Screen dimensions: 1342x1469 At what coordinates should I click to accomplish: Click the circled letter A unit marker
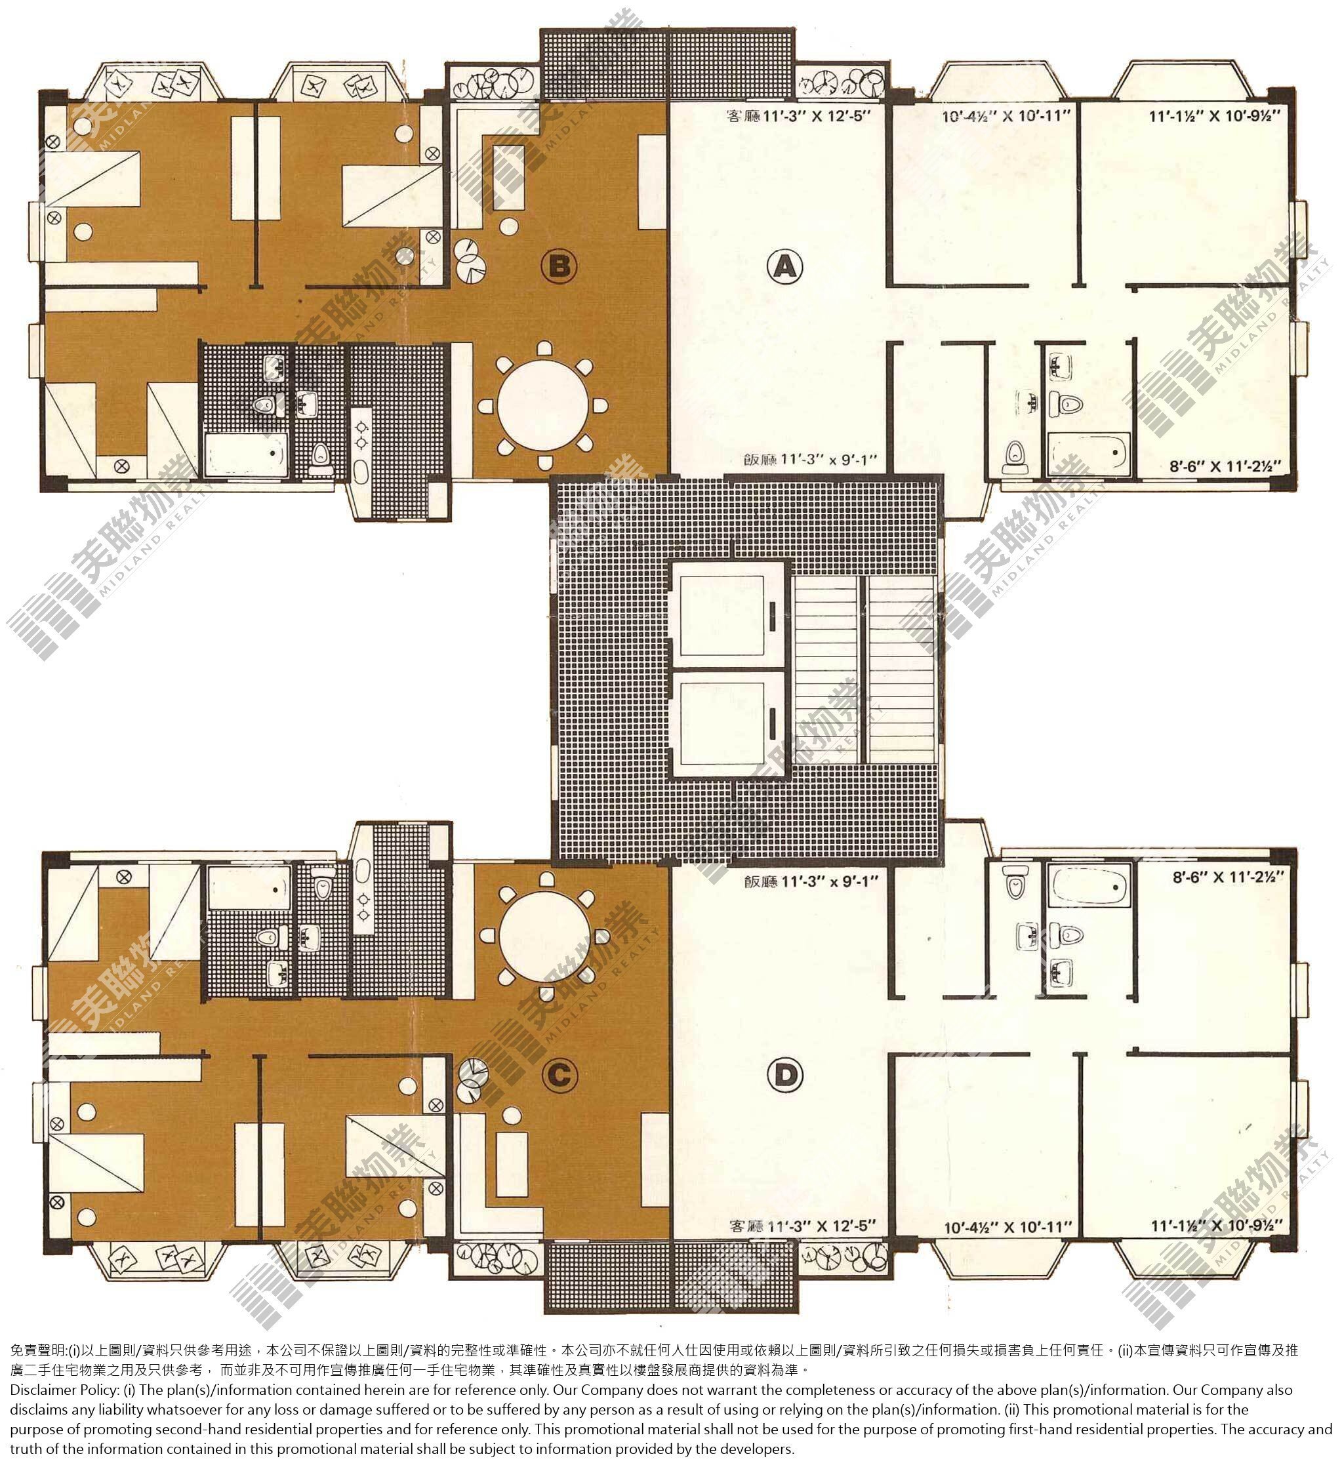784,268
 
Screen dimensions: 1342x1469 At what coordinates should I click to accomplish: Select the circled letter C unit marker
558,1074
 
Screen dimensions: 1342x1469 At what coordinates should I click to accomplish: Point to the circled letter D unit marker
785,1074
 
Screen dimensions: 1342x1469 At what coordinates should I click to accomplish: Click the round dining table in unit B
544,405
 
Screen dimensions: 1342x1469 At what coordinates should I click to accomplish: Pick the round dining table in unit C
545,936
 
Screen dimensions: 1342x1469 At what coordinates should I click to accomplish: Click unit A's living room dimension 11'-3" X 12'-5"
799,115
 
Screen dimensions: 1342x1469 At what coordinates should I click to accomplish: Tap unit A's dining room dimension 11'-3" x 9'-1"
810,460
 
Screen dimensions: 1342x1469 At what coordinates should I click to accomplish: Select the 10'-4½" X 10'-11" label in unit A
1007,115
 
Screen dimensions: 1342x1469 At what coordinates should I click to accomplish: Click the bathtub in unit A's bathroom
1088,454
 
